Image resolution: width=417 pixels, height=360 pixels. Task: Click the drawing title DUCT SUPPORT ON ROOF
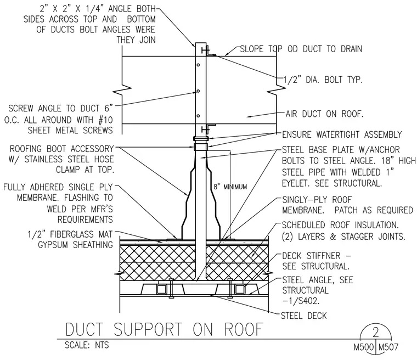(x=165, y=329)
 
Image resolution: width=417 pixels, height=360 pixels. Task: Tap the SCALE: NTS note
(x=87, y=345)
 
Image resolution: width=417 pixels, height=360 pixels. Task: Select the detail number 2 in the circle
(x=375, y=332)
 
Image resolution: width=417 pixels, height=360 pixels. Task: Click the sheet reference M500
(x=364, y=347)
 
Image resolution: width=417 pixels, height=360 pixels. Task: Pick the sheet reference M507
(x=388, y=347)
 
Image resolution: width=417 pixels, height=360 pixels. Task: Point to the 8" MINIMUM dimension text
(x=230, y=187)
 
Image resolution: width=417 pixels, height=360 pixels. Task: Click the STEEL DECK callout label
(x=304, y=316)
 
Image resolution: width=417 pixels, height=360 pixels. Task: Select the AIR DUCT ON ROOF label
(x=324, y=114)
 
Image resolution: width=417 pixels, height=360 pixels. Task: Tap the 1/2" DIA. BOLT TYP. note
(x=323, y=80)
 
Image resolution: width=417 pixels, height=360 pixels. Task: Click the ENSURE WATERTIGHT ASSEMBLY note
(x=342, y=134)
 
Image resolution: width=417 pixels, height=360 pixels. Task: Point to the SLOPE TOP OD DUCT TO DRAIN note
(x=301, y=49)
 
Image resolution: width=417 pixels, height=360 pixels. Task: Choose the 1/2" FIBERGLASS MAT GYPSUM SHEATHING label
(x=70, y=239)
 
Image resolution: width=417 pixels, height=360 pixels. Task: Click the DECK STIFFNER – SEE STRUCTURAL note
(x=317, y=261)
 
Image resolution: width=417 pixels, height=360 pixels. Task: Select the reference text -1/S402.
(x=301, y=301)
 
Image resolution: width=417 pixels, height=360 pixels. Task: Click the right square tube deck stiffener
(x=240, y=289)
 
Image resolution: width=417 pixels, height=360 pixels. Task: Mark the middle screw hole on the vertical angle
(x=198, y=91)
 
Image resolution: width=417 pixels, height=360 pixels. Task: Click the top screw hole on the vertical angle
(x=198, y=65)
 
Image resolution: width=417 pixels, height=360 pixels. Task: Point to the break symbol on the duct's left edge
(x=122, y=89)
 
